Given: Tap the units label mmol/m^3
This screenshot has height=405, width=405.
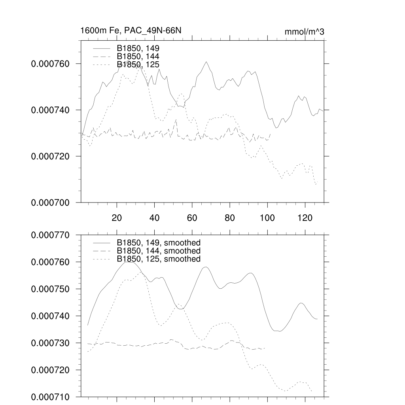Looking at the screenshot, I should click(304, 32).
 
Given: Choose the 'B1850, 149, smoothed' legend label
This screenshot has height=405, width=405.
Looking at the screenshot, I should click(159, 243).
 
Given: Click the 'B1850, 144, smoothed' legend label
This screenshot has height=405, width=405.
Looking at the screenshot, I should click(159, 251).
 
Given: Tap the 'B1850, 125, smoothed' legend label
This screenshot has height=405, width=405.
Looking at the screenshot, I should click(159, 259).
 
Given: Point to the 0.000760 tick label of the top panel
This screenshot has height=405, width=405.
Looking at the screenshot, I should click(50, 64).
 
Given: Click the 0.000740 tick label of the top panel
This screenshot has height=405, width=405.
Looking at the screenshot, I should click(50, 110).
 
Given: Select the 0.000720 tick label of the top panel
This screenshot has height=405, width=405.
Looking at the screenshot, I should click(50, 156).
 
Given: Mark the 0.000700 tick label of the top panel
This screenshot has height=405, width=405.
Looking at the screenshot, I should click(50, 202).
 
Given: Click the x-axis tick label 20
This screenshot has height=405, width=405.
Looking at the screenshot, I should click(117, 218).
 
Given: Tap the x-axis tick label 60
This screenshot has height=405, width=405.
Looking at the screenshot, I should click(192, 218).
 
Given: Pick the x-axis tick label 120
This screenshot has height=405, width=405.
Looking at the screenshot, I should click(305, 218).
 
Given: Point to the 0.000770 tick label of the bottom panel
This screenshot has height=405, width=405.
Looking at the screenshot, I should click(50, 235).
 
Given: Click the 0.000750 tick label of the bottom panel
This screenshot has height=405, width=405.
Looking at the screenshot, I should click(50, 289).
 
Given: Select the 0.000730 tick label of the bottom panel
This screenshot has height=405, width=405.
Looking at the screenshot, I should click(50, 343).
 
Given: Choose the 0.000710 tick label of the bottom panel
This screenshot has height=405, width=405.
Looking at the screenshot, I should click(50, 397).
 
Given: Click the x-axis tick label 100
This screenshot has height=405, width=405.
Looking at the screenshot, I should click(267, 218).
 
